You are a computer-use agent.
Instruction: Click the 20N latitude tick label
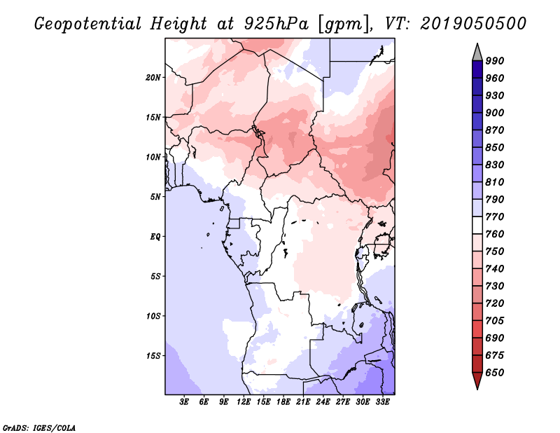pyautogui.click(x=153, y=77)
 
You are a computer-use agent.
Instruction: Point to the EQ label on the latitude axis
pyautogui.click(x=155, y=236)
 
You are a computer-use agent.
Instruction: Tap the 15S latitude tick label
pyautogui.click(x=153, y=355)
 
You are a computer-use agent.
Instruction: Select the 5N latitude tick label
pyautogui.click(x=155, y=196)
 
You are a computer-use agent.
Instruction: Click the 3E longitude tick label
pyautogui.click(x=185, y=402)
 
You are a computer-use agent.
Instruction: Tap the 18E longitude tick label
pyautogui.click(x=283, y=402)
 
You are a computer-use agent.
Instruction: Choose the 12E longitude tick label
pyautogui.click(x=244, y=402)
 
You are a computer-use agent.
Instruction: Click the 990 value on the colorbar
pyautogui.click(x=496, y=61)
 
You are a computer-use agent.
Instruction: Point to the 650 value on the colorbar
pyautogui.click(x=496, y=373)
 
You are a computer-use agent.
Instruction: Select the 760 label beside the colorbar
pyautogui.click(x=496, y=234)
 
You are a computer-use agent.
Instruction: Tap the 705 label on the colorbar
pyautogui.click(x=496, y=321)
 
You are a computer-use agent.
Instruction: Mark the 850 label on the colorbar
pyautogui.click(x=496, y=148)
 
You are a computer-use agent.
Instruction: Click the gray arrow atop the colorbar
pyautogui.click(x=477, y=51)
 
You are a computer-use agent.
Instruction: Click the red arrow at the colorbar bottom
pyautogui.click(x=477, y=381)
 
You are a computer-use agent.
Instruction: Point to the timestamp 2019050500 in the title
pyautogui.click(x=474, y=23)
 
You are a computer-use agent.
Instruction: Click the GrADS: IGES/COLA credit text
pyautogui.click(x=39, y=427)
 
